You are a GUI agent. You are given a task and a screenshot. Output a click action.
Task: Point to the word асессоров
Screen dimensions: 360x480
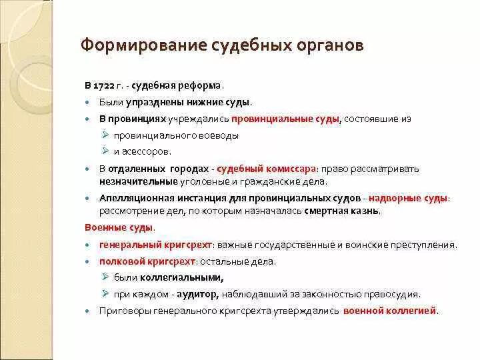[x=138, y=151]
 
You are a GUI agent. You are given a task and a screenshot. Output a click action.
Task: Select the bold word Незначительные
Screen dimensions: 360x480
[x=139, y=181]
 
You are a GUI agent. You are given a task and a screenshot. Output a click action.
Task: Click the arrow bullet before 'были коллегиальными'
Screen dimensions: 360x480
[x=106, y=277]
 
